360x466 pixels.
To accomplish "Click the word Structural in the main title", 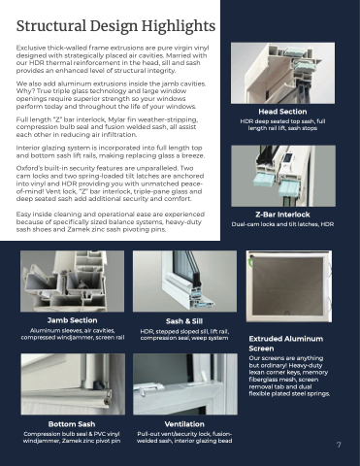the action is pos(51,26).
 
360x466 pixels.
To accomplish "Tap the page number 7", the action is pos(339,445).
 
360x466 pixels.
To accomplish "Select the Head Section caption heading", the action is pos(282,112).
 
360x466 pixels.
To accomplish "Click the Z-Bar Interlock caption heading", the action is pos(282,215).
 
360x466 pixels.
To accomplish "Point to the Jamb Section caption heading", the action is pos(72,320).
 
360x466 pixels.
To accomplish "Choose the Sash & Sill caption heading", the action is pos(184,321).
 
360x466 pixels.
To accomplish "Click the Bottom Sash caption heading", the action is pos(72,424).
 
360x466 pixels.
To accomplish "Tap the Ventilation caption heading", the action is pos(184,424).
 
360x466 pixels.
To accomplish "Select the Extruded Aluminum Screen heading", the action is pos(286,344).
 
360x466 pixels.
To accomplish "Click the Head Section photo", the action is pos(282,73).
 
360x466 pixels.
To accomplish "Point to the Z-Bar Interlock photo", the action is pos(283,176).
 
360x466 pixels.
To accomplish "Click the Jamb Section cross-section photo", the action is pos(72,282).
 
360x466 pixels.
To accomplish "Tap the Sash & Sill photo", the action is pos(184,282).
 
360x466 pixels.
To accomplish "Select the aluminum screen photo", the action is pos(289,286).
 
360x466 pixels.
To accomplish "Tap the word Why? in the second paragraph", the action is pos(23,91).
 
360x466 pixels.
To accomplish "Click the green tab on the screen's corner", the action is pos(251,259).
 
